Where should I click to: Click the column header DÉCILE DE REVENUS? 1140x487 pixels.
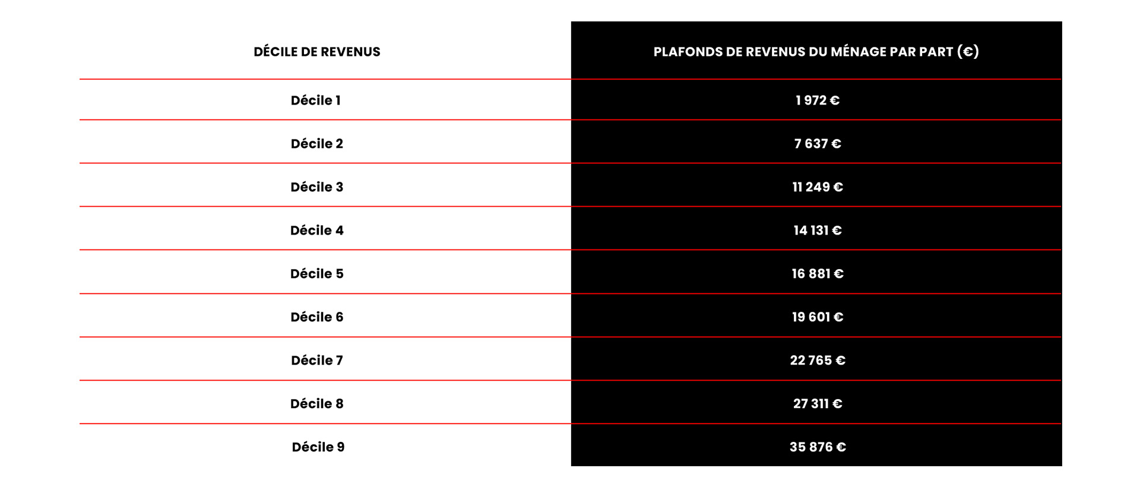click(317, 52)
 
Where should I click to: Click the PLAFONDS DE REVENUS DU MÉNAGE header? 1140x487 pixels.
click(816, 52)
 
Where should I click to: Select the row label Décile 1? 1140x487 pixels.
click(316, 100)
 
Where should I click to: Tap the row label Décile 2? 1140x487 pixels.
click(317, 144)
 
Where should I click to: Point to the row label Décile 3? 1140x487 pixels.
click(317, 187)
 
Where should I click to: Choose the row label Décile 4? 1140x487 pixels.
click(317, 230)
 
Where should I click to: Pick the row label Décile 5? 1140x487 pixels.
click(317, 274)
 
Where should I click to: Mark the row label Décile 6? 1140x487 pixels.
click(317, 317)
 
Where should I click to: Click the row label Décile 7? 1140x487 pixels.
click(317, 360)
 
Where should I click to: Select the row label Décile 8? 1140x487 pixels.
click(317, 404)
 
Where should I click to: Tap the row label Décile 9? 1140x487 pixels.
click(318, 447)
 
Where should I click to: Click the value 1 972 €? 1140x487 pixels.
click(818, 100)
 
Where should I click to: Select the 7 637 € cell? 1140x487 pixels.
click(818, 144)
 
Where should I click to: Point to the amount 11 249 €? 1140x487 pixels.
click(818, 187)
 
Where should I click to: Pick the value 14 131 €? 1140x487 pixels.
click(818, 230)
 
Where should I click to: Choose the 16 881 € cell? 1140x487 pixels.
click(818, 274)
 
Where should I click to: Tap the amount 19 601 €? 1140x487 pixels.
click(818, 317)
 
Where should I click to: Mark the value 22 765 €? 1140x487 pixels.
click(818, 360)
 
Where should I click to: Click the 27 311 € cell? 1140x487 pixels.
click(818, 404)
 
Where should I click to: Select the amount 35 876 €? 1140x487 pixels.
click(818, 447)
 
